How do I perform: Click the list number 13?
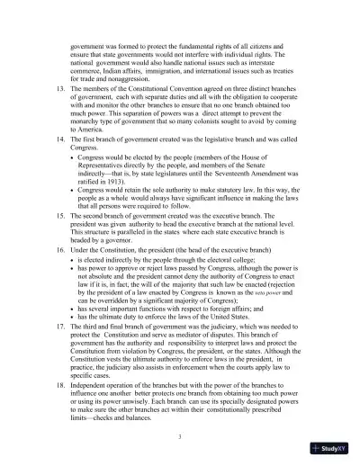click(x=59, y=91)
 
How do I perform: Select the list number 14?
click(x=59, y=139)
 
